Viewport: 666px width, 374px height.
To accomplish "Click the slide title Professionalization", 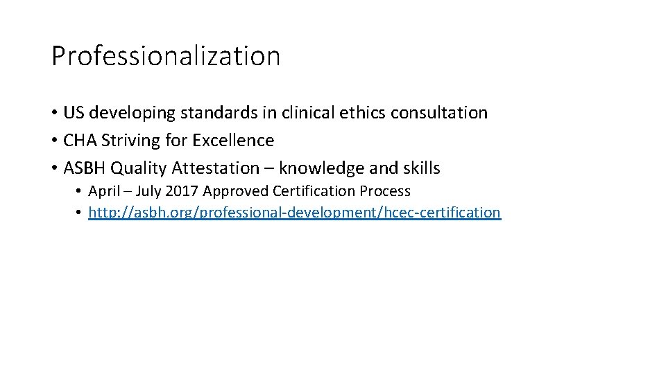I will tap(166, 56).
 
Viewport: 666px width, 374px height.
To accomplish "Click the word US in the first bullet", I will tap(73, 112).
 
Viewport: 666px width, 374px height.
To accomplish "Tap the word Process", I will tap(385, 191).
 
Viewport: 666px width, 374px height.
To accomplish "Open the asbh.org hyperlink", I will tap(294, 213).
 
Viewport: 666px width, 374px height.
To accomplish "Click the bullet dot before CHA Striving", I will tap(54, 141).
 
